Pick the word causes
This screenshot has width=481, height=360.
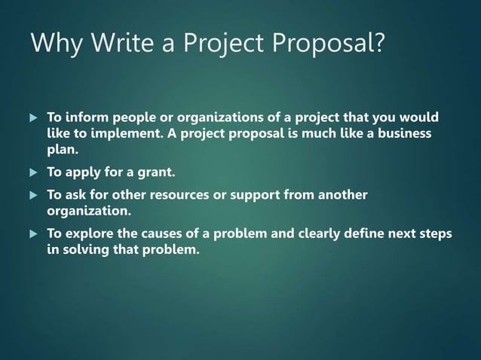point(160,234)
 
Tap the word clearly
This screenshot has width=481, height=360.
point(317,234)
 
